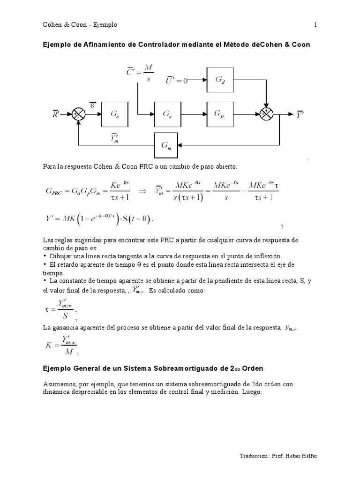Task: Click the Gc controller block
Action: click(x=115, y=114)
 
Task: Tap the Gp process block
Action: click(x=219, y=114)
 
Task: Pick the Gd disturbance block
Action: click(x=219, y=80)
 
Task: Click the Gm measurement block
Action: click(x=167, y=145)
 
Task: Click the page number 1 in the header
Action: click(x=315, y=25)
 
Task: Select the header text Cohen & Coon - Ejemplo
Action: click(x=80, y=25)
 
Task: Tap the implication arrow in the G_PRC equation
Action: click(x=141, y=192)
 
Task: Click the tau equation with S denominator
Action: click(x=60, y=309)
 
